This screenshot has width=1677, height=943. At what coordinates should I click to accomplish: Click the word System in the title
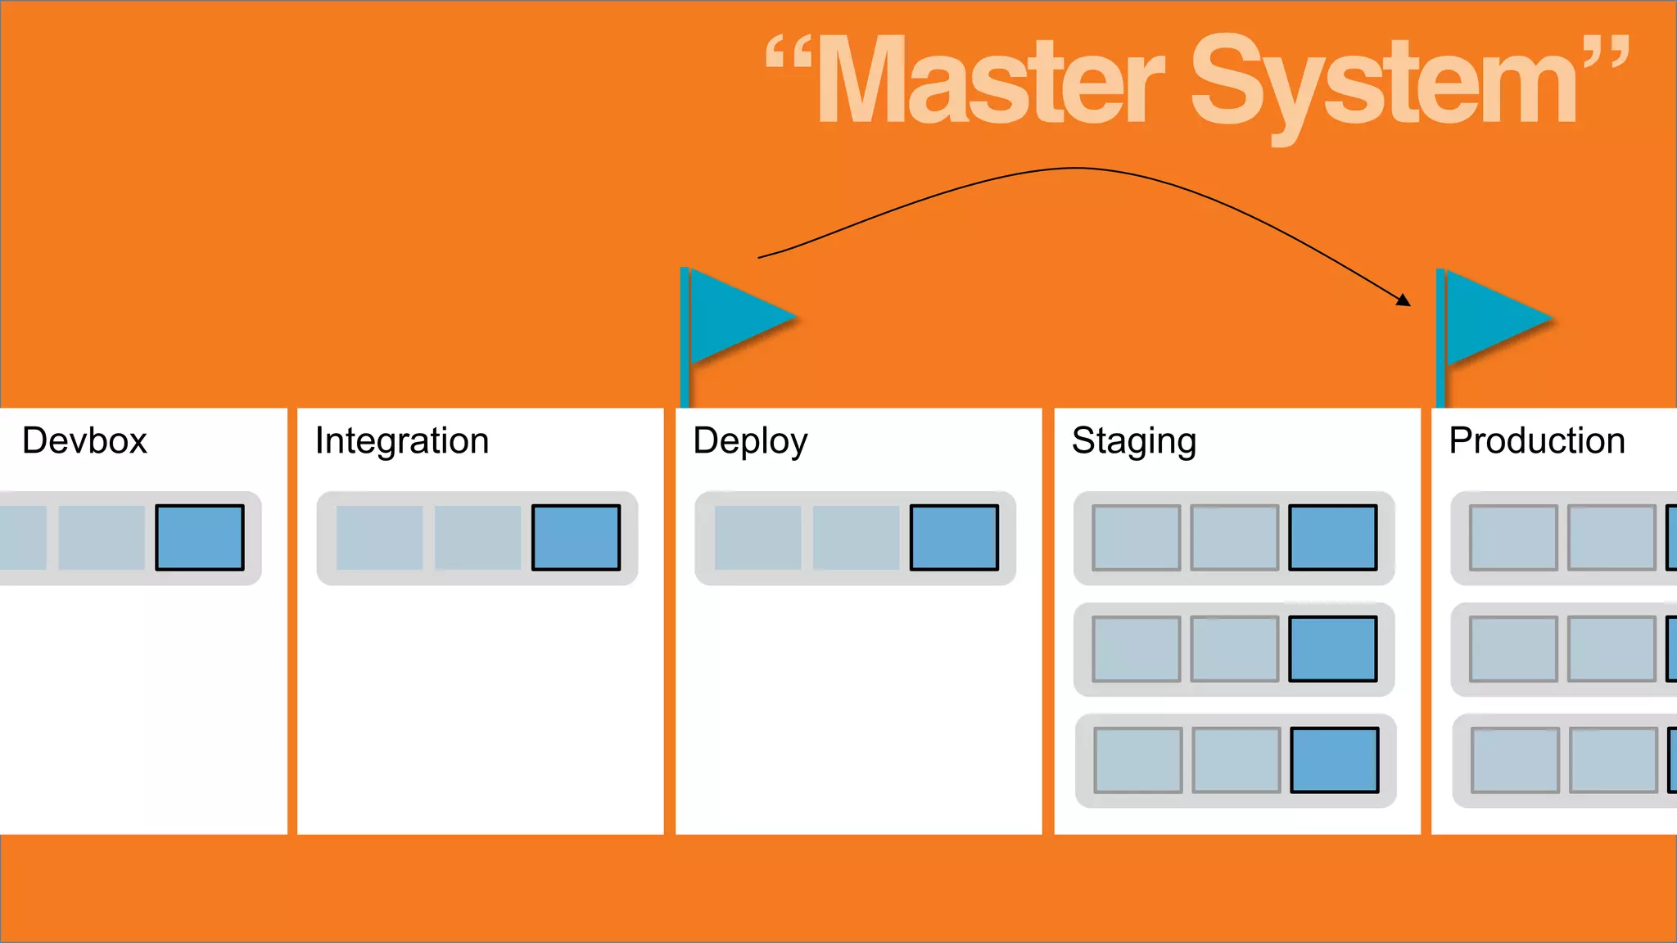pyautogui.click(x=1384, y=82)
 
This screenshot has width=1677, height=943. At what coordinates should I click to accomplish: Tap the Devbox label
pyautogui.click(x=84, y=441)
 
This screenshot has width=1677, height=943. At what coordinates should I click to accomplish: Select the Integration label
pyautogui.click(x=402, y=441)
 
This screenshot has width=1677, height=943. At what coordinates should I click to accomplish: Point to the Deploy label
pyautogui.click(x=750, y=442)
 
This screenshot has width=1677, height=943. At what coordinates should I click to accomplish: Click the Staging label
pyautogui.click(x=1134, y=442)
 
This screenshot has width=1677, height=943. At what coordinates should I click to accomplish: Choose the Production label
pyautogui.click(x=1537, y=441)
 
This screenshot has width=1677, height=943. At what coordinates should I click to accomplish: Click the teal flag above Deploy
pyautogui.click(x=737, y=315)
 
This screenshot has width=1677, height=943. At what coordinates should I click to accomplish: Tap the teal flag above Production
pyautogui.click(x=1494, y=318)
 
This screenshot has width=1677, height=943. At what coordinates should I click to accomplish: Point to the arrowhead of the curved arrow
pyautogui.click(x=1404, y=300)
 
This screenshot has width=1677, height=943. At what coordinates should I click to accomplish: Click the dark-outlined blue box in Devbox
pyautogui.click(x=200, y=538)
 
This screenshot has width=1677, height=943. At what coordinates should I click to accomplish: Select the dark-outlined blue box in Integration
pyautogui.click(x=576, y=538)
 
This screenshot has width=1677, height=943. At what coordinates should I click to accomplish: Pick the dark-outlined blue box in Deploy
pyautogui.click(x=955, y=538)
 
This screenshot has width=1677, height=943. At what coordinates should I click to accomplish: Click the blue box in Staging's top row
pyautogui.click(x=1333, y=538)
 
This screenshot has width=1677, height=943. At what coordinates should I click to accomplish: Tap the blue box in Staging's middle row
pyautogui.click(x=1333, y=649)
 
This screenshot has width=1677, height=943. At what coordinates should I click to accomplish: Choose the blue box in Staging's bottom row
pyautogui.click(x=1335, y=760)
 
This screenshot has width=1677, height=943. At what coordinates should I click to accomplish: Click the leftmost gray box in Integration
pyautogui.click(x=380, y=538)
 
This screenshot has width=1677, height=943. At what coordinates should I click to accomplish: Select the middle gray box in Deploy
pyautogui.click(x=857, y=538)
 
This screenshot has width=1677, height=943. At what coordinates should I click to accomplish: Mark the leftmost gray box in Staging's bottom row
pyautogui.click(x=1138, y=760)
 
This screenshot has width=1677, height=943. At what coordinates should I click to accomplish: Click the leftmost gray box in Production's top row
pyautogui.click(x=1513, y=538)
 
